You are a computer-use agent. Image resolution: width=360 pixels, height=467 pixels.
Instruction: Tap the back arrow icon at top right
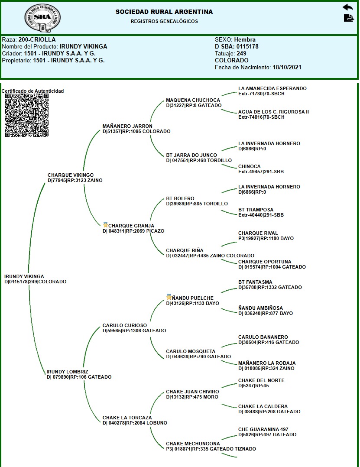[347, 7]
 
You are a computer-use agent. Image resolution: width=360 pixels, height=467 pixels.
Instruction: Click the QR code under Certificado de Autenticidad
[26, 115]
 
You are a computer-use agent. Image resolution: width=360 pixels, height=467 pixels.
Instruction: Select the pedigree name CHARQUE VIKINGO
[70, 175]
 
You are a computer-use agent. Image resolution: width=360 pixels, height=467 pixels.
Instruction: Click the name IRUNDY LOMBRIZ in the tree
[67, 372]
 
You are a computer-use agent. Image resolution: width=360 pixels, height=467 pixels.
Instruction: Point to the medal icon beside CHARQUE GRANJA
[105, 225]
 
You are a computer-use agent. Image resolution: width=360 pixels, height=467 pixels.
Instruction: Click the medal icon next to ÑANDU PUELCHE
[169, 297]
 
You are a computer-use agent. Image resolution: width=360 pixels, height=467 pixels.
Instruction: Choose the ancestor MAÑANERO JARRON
[127, 126]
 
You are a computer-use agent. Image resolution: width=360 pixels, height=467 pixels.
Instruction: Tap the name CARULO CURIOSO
[124, 325]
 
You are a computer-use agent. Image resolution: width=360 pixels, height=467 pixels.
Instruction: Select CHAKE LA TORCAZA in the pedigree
[127, 418]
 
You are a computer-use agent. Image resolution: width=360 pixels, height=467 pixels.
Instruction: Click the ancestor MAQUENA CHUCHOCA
[193, 100]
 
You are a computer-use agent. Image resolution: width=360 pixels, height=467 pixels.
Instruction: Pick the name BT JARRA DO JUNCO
[191, 155]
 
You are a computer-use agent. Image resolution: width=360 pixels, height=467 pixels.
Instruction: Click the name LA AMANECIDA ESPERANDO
[272, 88]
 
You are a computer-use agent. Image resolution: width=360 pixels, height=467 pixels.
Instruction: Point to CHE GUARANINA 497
[263, 429]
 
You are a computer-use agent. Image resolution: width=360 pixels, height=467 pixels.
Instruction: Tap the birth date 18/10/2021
[287, 68]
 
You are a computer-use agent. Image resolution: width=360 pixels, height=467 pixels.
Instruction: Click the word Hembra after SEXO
[245, 40]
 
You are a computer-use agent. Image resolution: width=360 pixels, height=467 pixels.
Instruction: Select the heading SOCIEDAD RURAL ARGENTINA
[164, 12]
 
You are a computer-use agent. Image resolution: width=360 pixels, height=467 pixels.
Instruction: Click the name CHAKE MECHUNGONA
[193, 444]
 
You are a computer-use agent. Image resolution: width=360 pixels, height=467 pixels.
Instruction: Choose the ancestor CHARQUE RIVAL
[258, 233]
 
